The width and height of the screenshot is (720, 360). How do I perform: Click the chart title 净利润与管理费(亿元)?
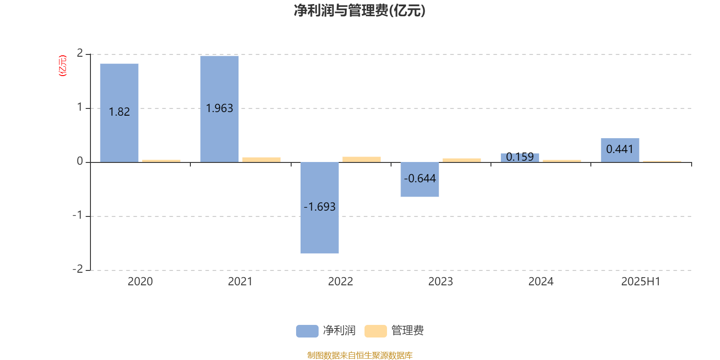tap(360, 11)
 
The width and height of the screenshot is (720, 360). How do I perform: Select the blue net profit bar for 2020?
tap(119, 113)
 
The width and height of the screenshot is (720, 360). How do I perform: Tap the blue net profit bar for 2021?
tap(220, 109)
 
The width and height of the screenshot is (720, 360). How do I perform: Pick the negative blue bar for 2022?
tap(319, 207)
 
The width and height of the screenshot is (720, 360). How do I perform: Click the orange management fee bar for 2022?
tap(362, 159)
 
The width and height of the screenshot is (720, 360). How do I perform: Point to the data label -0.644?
tap(420, 178)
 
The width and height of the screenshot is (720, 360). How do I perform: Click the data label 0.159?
tap(520, 157)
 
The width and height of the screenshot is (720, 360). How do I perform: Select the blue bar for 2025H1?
tap(620, 150)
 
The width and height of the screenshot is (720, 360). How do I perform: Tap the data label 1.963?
tap(220, 108)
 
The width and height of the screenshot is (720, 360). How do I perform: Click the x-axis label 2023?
tap(441, 282)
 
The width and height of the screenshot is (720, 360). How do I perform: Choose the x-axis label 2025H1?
tap(641, 282)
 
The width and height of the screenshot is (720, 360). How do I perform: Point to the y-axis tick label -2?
tap(78, 269)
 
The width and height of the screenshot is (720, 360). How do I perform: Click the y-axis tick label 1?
tap(80, 107)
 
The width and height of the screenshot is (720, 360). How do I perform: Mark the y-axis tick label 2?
tap(80, 53)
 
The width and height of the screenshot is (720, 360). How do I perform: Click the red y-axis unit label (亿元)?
tap(63, 66)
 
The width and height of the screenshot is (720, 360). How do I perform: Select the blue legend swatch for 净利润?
tap(307, 331)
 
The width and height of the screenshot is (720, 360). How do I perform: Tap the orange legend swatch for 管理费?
tap(375, 331)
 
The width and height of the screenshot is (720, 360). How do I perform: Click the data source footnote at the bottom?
tap(360, 355)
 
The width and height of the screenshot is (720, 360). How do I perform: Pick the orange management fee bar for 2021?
tap(261, 160)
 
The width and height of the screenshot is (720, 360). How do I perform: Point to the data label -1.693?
tap(319, 207)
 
